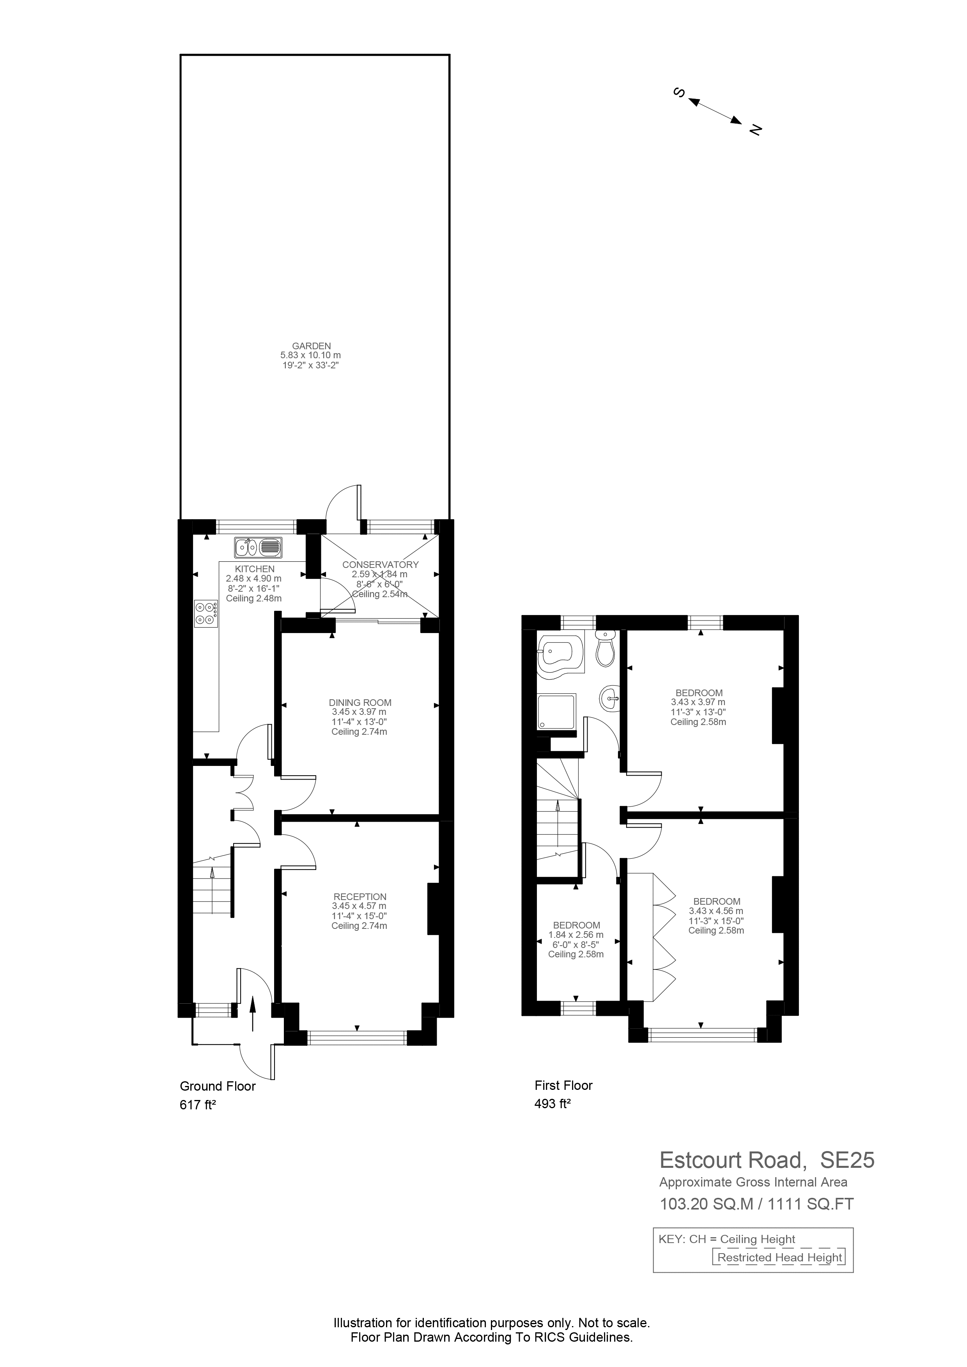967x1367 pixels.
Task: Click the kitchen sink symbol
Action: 259,546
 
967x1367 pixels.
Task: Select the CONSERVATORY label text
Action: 381,564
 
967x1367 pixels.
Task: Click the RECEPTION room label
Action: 360,897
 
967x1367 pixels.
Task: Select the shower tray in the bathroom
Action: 557,711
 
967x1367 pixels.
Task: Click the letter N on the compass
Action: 756,129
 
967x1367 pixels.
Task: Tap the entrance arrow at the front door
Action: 252,1013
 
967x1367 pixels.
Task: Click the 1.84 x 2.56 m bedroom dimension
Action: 576,935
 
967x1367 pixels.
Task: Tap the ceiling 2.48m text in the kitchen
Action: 254,598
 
